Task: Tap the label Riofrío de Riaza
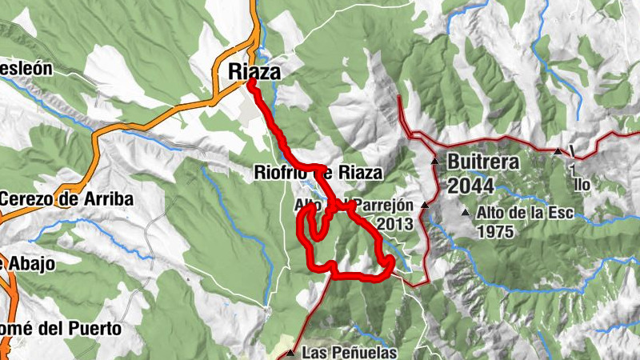[318, 172]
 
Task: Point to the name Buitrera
[483, 161]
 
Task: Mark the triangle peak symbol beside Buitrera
[434, 161]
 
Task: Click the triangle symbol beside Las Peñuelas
[290, 352]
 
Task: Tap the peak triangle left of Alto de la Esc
[466, 213]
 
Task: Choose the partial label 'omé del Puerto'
[61, 328]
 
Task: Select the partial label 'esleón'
[26, 68]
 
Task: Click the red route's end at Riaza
[251, 82]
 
